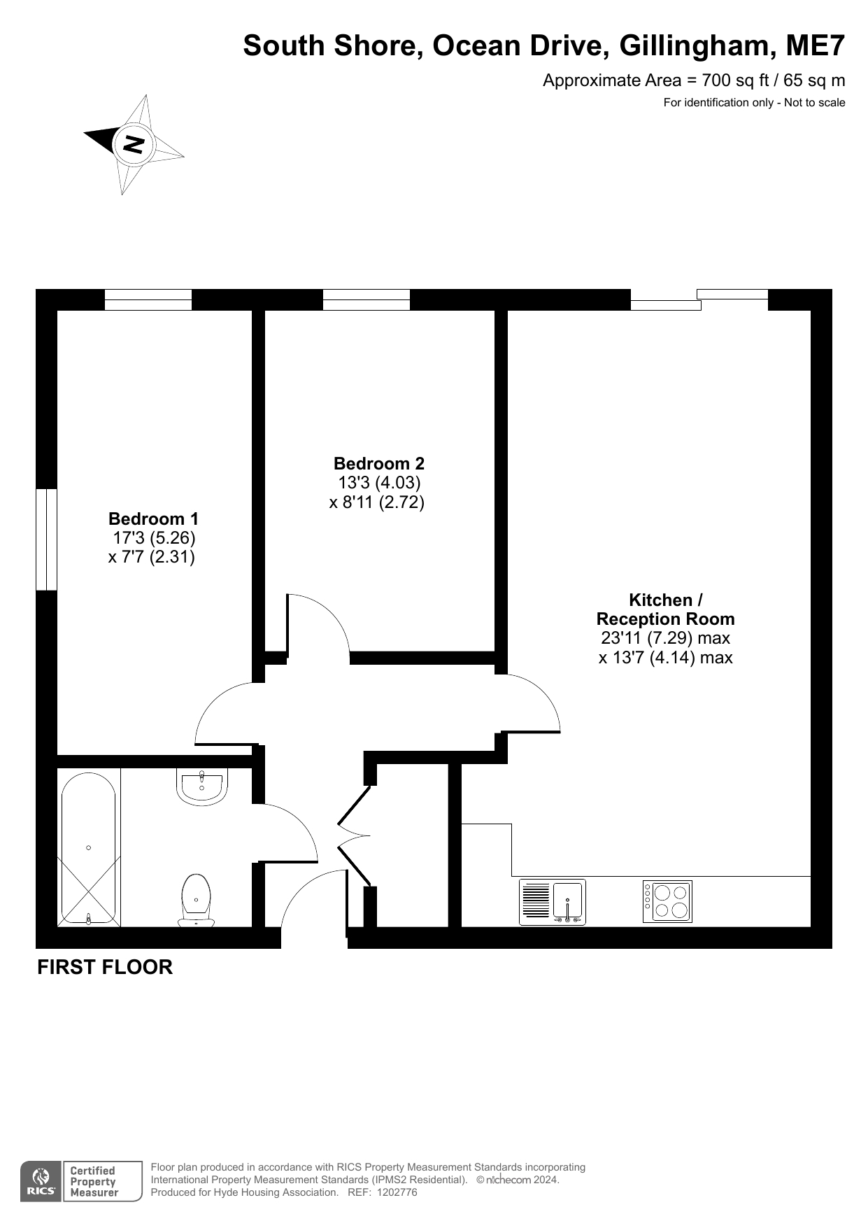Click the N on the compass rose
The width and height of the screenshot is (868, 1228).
pyautogui.click(x=133, y=144)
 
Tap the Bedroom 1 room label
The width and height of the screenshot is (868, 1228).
pyautogui.click(x=153, y=519)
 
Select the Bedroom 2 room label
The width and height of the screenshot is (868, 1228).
pyautogui.click(x=378, y=463)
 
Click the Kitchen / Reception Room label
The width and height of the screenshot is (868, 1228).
pyautogui.click(x=665, y=609)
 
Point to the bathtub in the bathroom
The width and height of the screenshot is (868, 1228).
pyautogui.click(x=88, y=848)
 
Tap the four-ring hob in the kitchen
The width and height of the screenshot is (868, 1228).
pyautogui.click(x=667, y=901)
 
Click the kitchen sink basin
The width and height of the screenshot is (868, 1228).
pyautogui.click(x=569, y=901)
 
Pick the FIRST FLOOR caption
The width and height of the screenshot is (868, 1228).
pyautogui.click(x=105, y=967)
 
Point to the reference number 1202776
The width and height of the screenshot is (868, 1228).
pyautogui.click(x=397, y=1192)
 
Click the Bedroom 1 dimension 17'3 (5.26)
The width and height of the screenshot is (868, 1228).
pyautogui.click(x=154, y=538)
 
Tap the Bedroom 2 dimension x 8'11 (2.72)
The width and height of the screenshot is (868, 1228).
pyautogui.click(x=377, y=502)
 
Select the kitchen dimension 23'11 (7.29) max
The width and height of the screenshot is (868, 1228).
pyautogui.click(x=665, y=638)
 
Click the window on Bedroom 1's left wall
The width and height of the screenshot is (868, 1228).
pyautogui.click(x=46, y=539)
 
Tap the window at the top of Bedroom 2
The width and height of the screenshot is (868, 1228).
pyautogui.click(x=366, y=299)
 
